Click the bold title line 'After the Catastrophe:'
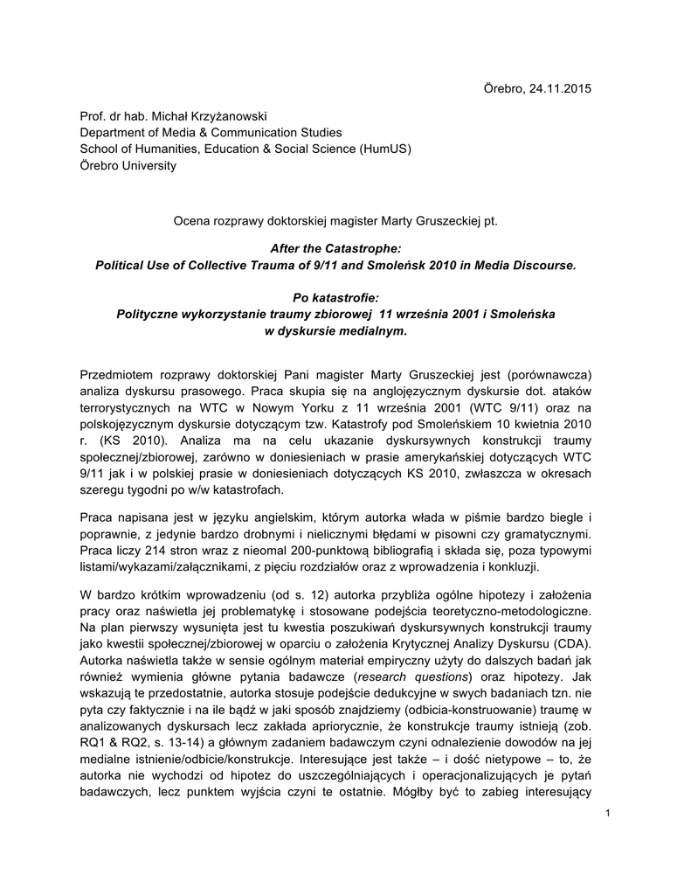tap(335, 250)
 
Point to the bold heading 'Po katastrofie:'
tap(335, 298)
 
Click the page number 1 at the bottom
tap(605, 815)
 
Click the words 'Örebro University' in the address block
tap(128, 166)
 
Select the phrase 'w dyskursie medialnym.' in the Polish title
tap(335, 330)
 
